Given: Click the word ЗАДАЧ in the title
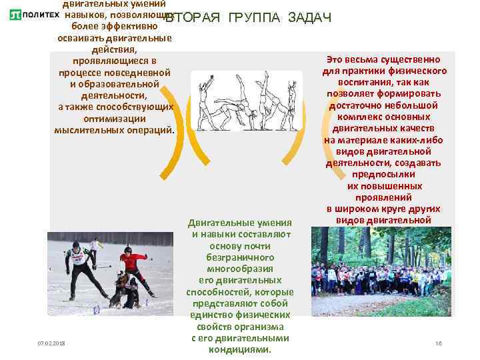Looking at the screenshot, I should click(x=310, y=17).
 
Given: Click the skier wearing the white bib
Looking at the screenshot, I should click(x=79, y=267).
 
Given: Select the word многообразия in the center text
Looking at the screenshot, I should click(x=240, y=269).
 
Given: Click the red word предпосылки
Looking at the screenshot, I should click(x=385, y=175).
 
